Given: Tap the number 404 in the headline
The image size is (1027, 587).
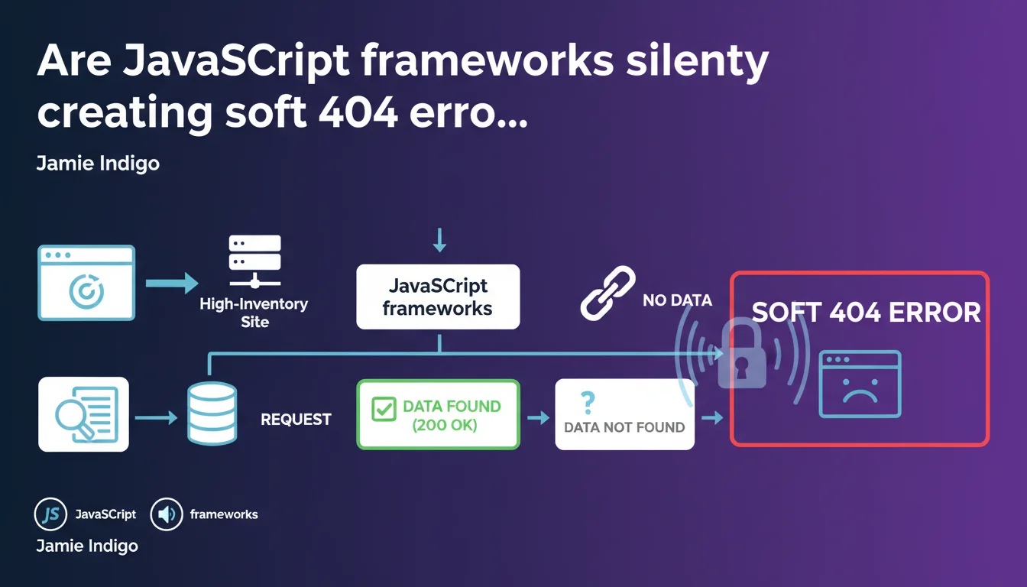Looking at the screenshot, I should pos(355,113).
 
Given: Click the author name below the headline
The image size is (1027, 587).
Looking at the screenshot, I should pos(98,164).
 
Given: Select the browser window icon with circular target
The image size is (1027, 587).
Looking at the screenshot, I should pos(86,283).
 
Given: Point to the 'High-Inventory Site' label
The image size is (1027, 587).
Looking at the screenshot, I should pos(254,313).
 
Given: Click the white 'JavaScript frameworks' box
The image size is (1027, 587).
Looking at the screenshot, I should pos(438,297).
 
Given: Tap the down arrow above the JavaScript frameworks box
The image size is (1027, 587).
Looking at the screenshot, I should pos(439,239).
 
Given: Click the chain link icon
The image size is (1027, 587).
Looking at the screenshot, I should pos(607,292).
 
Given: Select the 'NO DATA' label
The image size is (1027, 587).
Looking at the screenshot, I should pos(677,300).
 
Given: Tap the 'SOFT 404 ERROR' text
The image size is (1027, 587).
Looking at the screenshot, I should pos(866,313).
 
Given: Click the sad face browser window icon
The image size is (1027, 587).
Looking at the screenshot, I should pos(860,384).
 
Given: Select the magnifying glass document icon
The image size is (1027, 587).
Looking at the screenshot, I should pos(84,413).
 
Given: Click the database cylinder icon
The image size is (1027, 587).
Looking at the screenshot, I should pos(212,413).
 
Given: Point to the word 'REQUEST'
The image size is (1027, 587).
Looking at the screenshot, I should pos(296,420).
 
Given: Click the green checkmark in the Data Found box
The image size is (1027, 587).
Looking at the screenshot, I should pos(383,408).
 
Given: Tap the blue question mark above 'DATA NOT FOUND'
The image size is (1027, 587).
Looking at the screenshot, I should pos(588,401).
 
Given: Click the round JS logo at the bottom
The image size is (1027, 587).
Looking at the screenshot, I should pos(51,514).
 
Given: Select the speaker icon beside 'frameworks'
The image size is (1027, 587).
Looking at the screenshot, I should pos(166,514).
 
